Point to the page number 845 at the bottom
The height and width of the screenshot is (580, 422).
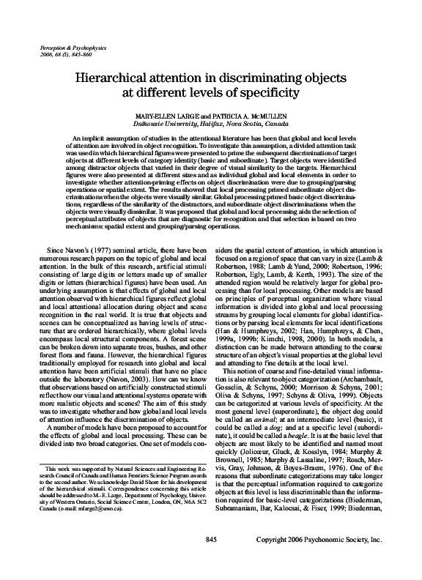pyautogui.click(x=210, y=560)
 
